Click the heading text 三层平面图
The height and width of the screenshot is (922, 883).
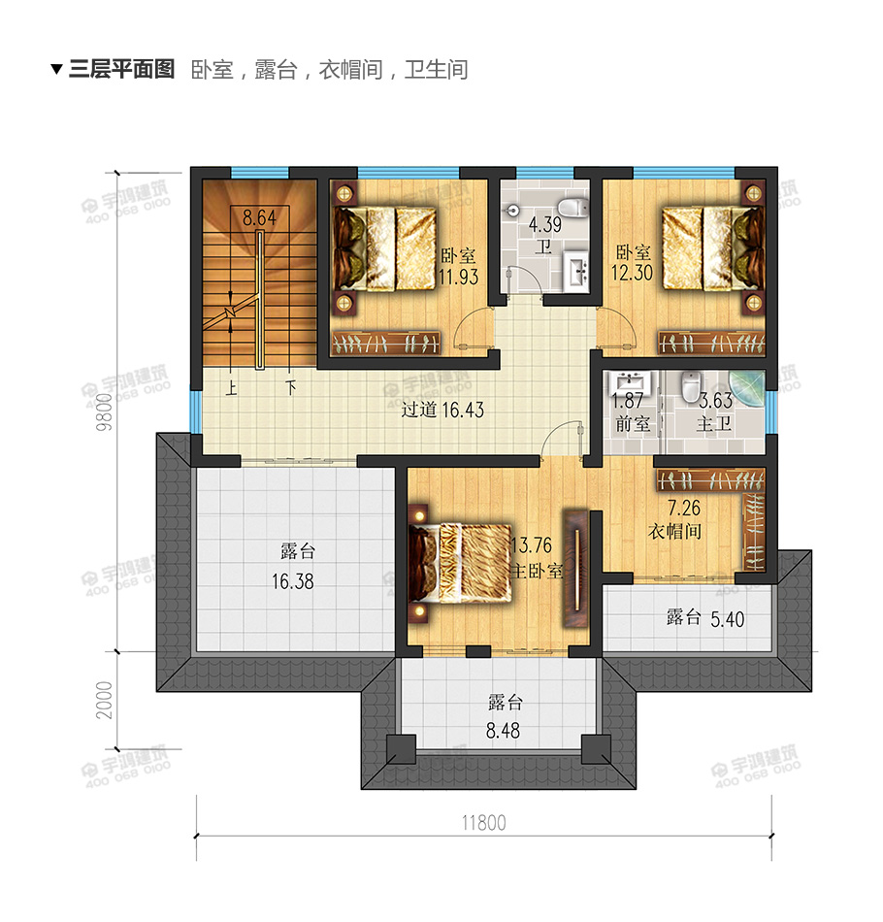[121, 70]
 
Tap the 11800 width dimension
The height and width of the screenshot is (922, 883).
[483, 823]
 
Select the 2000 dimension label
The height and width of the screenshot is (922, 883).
[106, 699]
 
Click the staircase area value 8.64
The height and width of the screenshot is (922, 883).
[260, 218]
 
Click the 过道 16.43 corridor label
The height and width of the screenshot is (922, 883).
[442, 410]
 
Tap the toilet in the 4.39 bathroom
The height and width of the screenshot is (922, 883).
[577, 207]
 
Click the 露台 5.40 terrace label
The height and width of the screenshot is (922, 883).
[705, 618]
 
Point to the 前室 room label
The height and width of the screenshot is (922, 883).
[632, 424]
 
